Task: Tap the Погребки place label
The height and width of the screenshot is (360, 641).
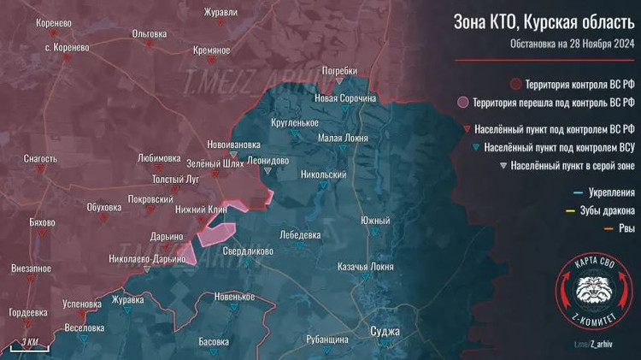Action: tap(338, 70)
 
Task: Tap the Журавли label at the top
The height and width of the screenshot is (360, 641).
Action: tap(221, 13)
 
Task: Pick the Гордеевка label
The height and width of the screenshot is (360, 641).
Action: tap(28, 312)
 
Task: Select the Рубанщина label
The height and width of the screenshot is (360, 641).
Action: tap(327, 339)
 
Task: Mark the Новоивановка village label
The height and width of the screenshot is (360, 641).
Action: tap(233, 145)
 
